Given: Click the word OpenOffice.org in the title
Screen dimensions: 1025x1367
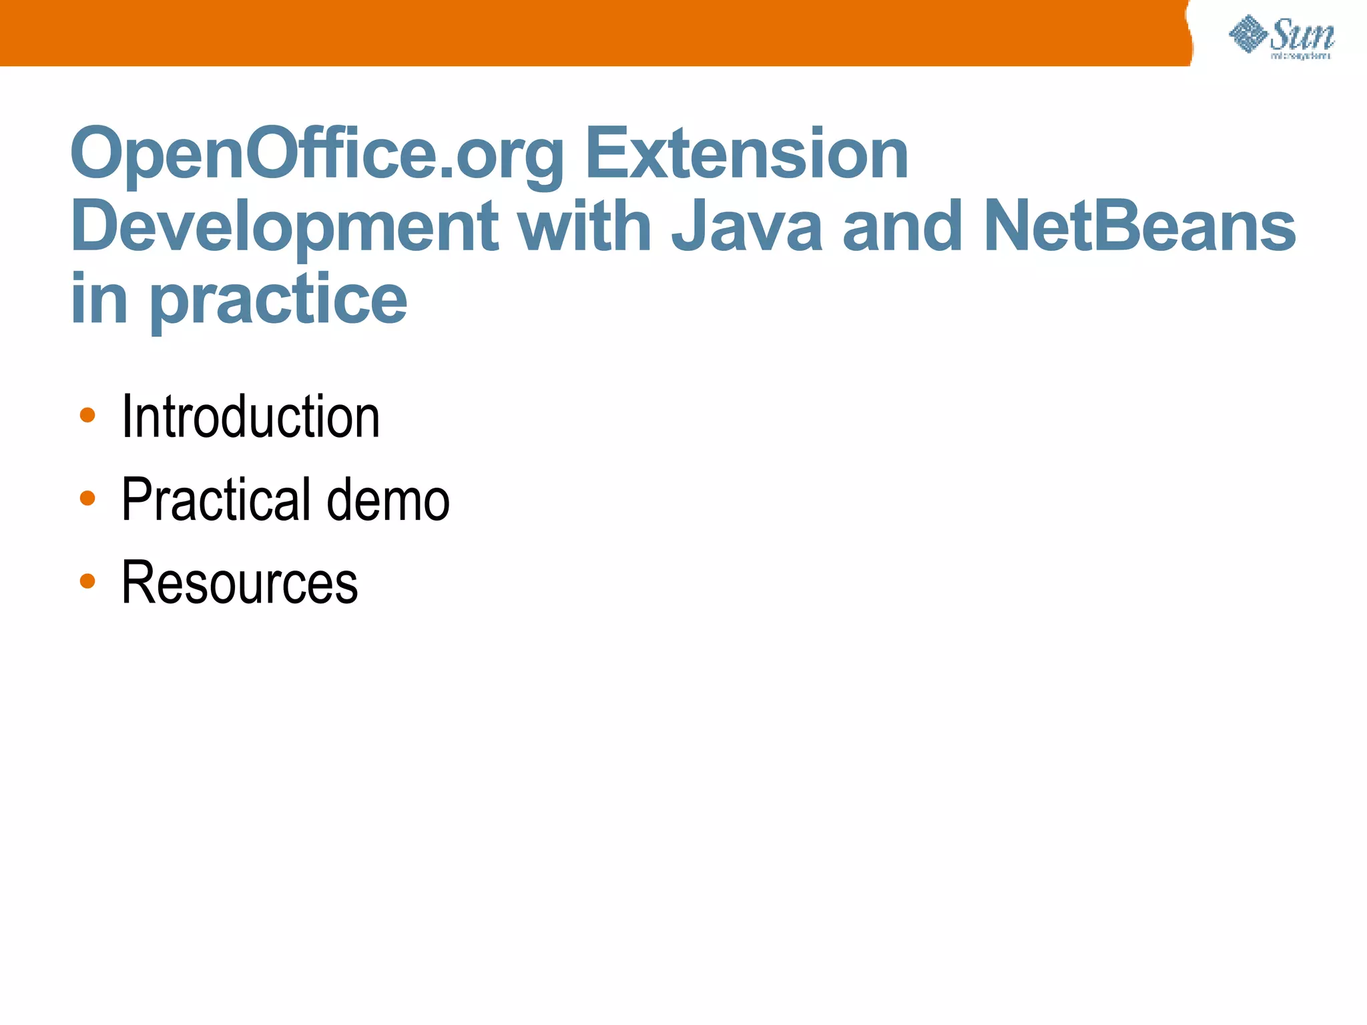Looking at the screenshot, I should (x=318, y=155).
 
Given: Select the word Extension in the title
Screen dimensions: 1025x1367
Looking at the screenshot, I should (x=746, y=155).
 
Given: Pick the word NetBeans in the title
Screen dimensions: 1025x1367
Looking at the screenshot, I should (x=1139, y=228).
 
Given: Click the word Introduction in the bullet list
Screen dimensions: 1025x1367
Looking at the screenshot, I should (x=250, y=416).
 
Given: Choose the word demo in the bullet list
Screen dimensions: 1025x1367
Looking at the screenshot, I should (x=388, y=500).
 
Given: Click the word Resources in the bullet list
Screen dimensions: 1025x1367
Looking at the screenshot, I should (x=240, y=583).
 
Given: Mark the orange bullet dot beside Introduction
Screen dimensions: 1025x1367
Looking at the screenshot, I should (x=87, y=416).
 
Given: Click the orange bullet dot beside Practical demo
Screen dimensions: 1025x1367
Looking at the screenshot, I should (x=87, y=498).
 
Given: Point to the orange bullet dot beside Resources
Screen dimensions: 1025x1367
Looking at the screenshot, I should (x=87, y=581).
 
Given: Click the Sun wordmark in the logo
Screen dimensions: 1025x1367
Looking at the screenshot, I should (x=1302, y=35).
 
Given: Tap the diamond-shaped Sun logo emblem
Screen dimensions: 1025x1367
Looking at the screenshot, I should (x=1248, y=34).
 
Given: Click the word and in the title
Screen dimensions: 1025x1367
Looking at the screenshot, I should (x=902, y=228).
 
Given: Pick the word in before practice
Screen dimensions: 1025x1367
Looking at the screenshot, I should (x=99, y=300).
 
